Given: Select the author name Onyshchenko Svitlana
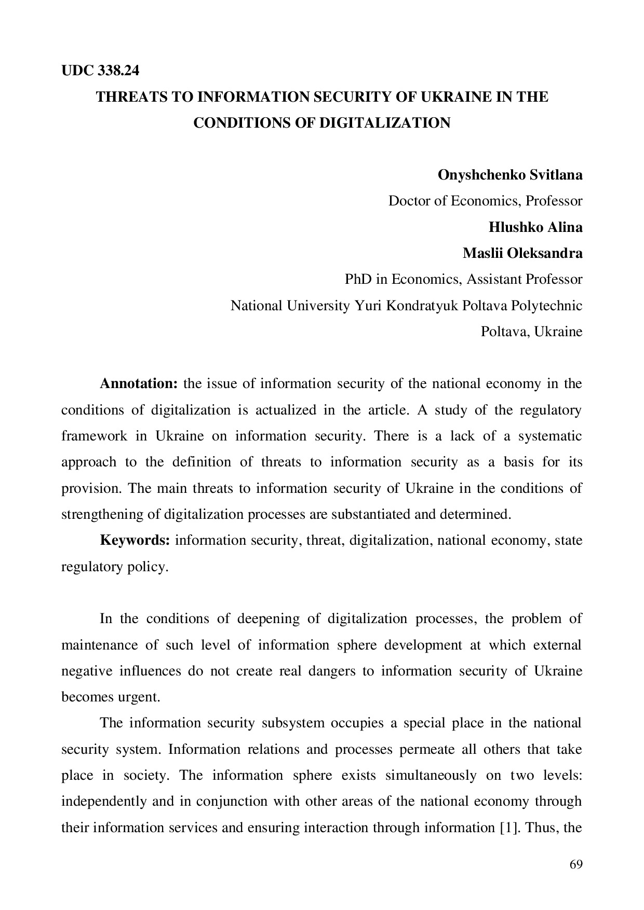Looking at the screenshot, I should (510, 175).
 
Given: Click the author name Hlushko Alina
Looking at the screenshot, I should (535, 227).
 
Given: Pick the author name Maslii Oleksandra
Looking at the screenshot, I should (522, 253).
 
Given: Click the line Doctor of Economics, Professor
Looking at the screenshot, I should (485, 201).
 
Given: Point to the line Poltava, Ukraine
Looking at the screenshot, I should (531, 332).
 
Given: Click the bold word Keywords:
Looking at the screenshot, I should (135, 541).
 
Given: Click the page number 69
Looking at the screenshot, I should (576, 864).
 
